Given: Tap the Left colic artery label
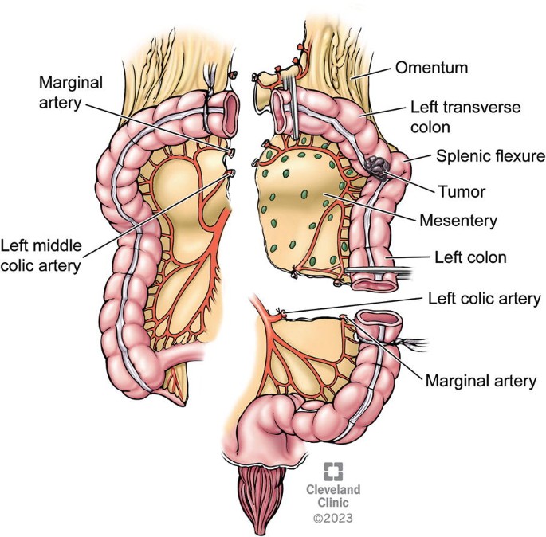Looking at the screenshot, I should pos(485,299).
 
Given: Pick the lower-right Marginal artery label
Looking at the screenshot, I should pos(480,381).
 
